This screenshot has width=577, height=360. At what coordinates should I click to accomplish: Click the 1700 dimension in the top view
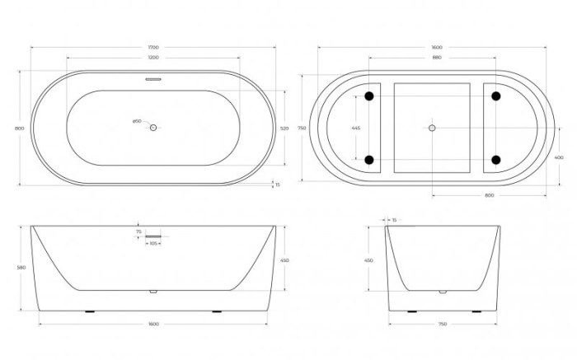click(153, 48)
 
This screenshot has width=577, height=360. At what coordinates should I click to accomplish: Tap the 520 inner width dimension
click(284, 129)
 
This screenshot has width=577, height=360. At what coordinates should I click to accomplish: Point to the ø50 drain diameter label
click(137, 121)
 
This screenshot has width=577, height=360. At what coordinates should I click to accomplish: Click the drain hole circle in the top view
click(153, 128)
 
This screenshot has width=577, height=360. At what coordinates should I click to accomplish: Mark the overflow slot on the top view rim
click(153, 80)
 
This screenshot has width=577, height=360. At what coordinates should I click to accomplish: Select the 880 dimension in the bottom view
click(432, 58)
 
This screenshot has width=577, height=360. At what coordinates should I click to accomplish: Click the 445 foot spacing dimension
click(355, 129)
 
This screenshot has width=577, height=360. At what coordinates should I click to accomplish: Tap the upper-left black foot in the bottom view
click(369, 97)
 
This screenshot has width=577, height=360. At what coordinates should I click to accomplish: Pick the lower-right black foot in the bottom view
click(495, 159)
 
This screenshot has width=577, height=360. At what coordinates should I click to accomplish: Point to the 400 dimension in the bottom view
click(559, 157)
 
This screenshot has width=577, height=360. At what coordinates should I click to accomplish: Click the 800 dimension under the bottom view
click(489, 195)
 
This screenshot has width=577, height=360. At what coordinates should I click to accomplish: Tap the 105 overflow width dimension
click(153, 244)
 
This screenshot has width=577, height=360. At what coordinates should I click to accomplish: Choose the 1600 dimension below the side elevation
click(153, 324)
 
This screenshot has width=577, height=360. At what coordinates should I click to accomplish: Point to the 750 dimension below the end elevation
click(443, 324)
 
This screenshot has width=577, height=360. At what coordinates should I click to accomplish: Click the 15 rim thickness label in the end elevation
click(395, 220)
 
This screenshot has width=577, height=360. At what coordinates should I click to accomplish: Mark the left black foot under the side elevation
click(90, 311)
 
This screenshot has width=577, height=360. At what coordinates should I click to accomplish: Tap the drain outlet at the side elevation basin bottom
click(153, 291)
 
